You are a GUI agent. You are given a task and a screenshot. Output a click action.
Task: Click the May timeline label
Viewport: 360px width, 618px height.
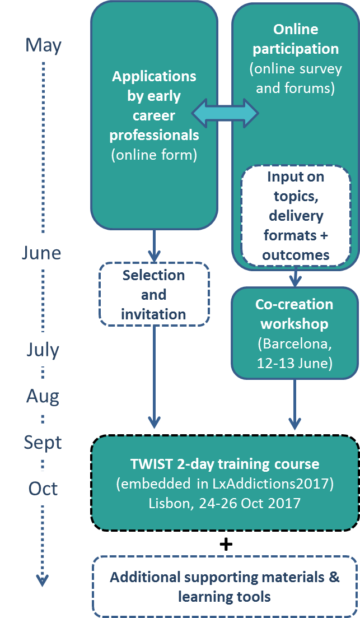[43, 45]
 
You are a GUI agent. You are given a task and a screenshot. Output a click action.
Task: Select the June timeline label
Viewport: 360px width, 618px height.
[41, 253]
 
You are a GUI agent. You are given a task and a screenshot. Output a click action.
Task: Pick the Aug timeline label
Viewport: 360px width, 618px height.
[43, 397]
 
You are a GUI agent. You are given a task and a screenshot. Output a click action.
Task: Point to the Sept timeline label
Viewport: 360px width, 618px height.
[43, 443]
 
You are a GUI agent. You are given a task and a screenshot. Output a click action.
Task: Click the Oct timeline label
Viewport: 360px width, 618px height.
[43, 489]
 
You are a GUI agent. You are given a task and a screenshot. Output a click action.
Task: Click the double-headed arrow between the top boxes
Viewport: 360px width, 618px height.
[225, 114]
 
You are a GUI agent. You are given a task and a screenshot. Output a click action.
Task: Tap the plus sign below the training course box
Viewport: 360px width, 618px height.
[226, 544]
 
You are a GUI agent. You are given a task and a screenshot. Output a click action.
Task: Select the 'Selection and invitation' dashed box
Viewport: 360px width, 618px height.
[153, 294]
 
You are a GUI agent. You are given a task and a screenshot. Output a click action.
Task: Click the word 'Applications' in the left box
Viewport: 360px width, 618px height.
[154, 76]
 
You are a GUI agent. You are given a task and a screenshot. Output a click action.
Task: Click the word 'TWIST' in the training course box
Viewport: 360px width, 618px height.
[152, 464]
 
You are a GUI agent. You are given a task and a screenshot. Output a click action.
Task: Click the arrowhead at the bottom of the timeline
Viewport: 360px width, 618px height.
[43, 579]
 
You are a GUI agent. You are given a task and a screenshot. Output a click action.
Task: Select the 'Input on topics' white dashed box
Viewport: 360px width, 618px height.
[296, 215]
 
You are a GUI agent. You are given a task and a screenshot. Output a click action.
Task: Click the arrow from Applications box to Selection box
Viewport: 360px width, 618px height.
[154, 246]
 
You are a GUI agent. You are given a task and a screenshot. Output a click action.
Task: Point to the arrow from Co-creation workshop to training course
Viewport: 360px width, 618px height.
[294, 405]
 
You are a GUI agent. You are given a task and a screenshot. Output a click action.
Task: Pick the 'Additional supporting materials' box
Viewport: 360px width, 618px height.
[225, 587]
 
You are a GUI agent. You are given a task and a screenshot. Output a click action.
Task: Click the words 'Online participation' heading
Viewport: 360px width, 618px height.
[296, 39]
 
